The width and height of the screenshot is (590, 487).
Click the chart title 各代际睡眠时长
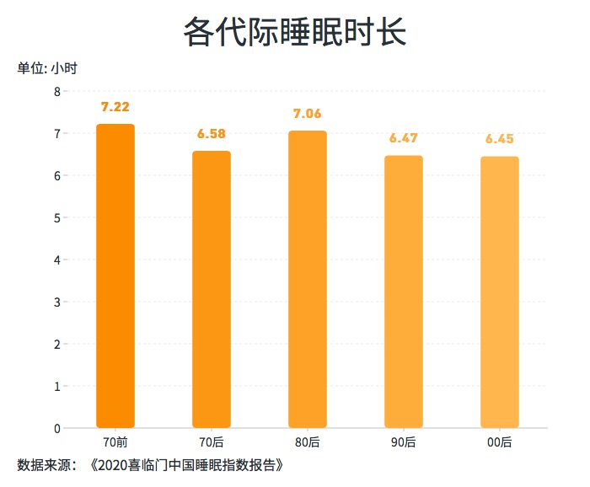295,33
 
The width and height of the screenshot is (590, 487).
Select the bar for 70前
115,276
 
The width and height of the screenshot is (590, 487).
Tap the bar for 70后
212,290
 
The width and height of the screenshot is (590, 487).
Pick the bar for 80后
308,280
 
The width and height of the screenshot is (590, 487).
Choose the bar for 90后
404,292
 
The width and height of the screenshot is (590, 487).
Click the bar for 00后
500,292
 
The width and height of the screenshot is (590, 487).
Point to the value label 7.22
115,107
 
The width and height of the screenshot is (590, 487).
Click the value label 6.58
212,134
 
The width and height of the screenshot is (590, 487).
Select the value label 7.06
308,114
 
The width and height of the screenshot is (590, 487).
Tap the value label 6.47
404,138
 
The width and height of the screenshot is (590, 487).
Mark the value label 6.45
500,139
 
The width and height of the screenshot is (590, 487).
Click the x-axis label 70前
115,442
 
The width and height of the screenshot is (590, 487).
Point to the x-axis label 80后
308,442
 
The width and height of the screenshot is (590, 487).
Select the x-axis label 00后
500,442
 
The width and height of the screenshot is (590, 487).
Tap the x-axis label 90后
404,442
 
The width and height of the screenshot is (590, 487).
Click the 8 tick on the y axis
57,91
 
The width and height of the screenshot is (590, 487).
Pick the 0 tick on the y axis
57,428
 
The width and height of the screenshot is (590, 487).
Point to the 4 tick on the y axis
57,260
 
